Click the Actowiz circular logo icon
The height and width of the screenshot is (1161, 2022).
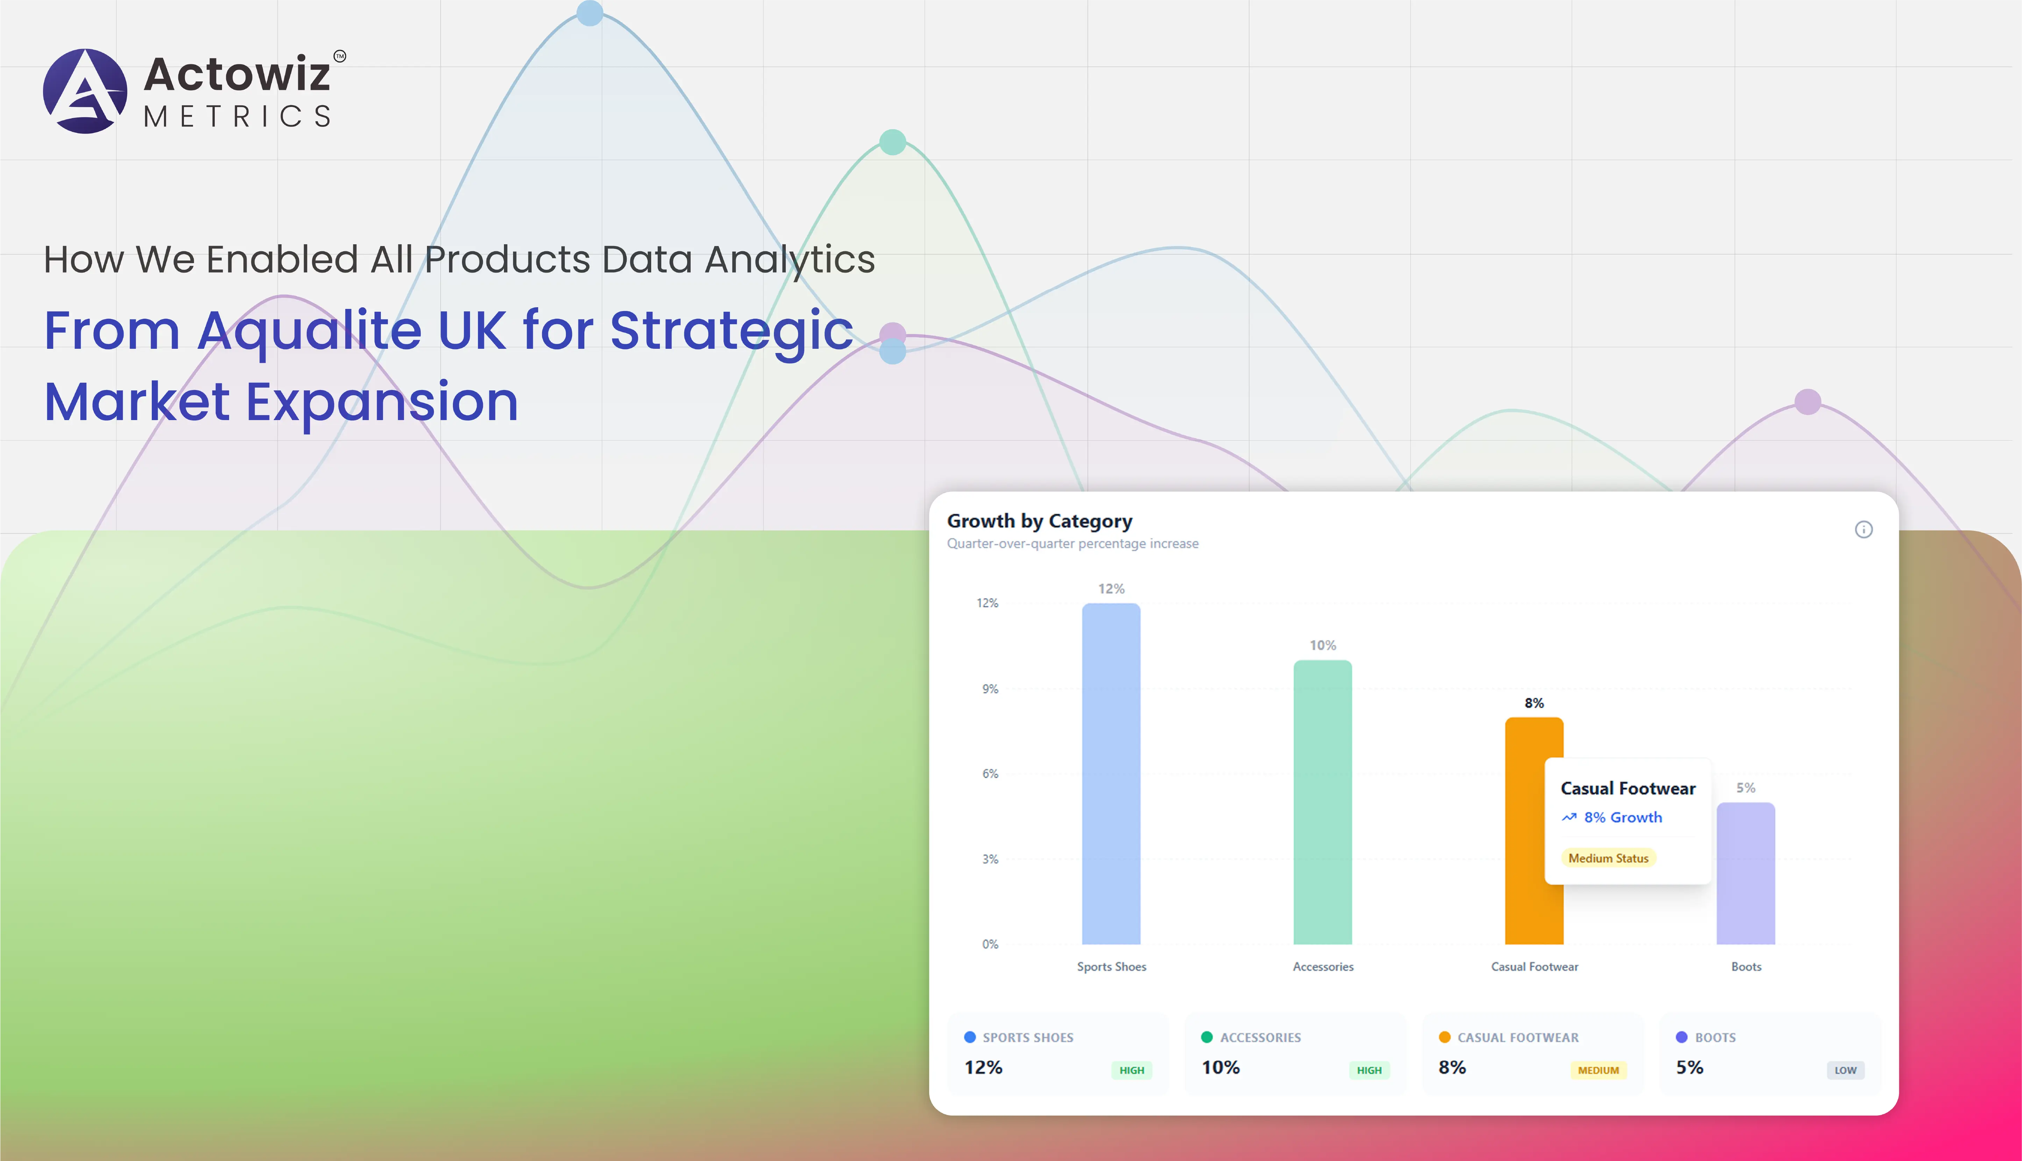click(85, 91)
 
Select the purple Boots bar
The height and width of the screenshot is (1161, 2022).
click(1745, 873)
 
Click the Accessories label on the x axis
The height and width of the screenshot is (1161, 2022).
click(1323, 966)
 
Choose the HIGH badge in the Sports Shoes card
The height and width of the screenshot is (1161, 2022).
click(1131, 1070)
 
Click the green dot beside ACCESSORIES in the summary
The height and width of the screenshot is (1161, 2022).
click(1206, 1037)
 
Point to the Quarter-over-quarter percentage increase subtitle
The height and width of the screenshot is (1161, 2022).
click(1072, 544)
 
